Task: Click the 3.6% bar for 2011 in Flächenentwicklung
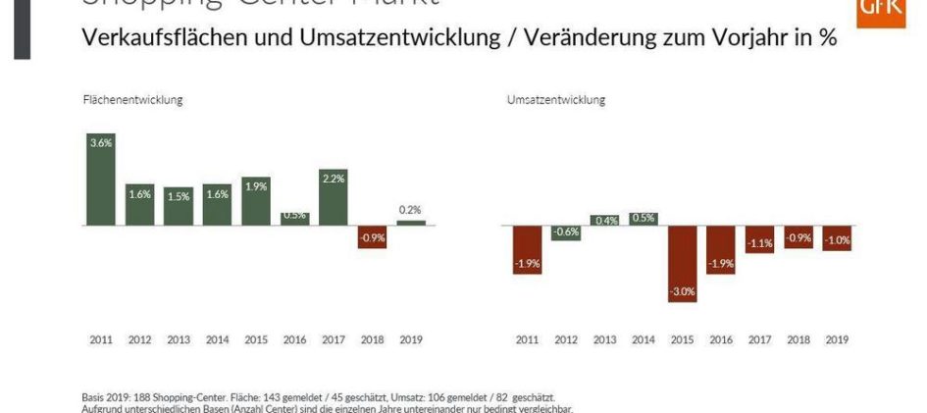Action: [101, 180]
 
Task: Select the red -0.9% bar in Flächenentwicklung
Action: [373, 236]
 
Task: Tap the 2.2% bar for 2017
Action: [334, 197]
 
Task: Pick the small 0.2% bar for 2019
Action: [411, 223]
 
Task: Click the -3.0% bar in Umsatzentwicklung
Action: [682, 264]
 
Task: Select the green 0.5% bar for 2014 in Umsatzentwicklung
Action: [644, 219]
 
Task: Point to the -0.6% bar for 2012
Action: [566, 232]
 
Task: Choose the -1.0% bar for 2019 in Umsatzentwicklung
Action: [837, 237]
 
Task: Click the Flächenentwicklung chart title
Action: [131, 99]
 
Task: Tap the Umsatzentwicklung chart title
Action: [556, 99]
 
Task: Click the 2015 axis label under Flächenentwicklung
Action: [256, 339]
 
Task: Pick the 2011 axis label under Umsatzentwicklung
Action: [527, 339]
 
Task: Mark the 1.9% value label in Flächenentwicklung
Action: [256, 186]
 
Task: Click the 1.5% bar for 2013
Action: [179, 206]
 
